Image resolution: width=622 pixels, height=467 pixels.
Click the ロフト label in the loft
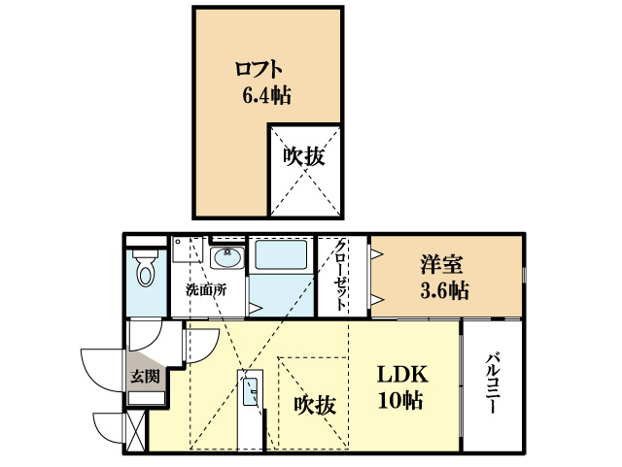point(259,69)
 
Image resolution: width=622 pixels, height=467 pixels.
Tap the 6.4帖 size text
point(265,95)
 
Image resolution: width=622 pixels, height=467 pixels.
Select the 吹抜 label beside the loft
point(303,154)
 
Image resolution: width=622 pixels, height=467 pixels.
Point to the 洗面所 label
point(206,290)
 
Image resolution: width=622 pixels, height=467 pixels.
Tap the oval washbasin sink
point(227,258)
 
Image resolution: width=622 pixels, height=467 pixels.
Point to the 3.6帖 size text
point(445,289)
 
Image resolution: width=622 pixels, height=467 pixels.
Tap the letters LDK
point(403,376)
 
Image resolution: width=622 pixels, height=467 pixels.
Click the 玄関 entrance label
point(145,376)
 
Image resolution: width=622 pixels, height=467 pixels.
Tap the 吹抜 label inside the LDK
point(316,404)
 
